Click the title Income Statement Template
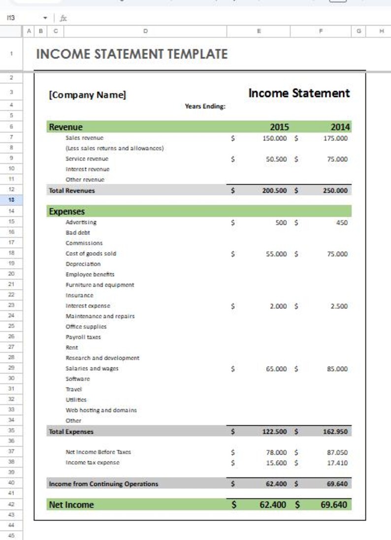(131, 54)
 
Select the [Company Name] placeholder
(87, 95)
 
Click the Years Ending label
(205, 106)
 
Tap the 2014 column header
(340, 127)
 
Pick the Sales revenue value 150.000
(274, 138)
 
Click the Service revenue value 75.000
(335, 159)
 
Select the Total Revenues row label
(71, 190)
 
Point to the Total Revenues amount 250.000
(335, 190)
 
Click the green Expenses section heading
(66, 211)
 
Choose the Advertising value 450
(341, 222)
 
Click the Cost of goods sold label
(91, 254)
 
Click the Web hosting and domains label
(101, 410)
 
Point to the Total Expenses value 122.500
(274, 432)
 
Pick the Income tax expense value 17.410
(337, 463)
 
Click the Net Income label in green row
(71, 505)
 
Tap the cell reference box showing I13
(11, 18)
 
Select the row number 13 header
(11, 200)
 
